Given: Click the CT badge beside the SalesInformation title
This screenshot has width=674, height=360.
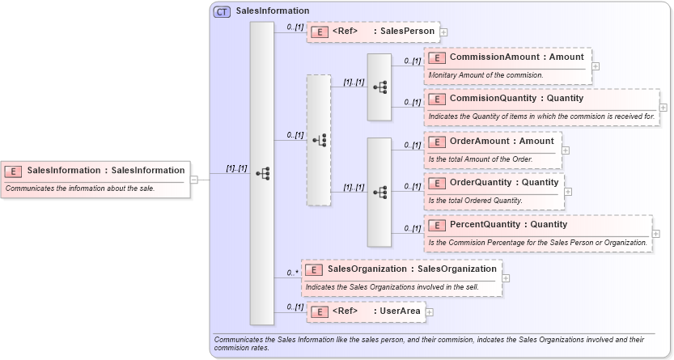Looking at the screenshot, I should tap(221, 11).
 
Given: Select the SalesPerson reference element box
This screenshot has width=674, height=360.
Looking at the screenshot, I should tap(373, 32).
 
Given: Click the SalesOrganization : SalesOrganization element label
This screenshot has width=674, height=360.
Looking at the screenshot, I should tap(411, 269).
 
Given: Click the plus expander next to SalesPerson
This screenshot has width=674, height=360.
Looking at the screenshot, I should tap(443, 33).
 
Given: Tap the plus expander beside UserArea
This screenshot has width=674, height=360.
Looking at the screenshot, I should tap(430, 311).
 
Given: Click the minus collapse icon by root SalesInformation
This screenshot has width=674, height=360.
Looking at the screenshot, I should tap(194, 179).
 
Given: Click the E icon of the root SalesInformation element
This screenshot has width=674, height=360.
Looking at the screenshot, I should tap(13, 171).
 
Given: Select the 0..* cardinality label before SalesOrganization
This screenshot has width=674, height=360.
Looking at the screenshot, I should tap(292, 273).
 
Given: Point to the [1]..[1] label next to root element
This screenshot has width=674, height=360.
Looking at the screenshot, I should tap(236, 168).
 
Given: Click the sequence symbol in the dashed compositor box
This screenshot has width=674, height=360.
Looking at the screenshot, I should tap(319, 140).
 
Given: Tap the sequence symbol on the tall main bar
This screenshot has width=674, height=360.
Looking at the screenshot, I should tap(262, 173).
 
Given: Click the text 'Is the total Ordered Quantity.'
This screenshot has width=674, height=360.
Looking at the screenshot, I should tap(476, 200).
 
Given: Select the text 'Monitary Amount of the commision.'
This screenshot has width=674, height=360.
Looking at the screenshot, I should tap(485, 74).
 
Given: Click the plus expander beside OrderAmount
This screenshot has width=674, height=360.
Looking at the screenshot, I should tap(566, 150).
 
